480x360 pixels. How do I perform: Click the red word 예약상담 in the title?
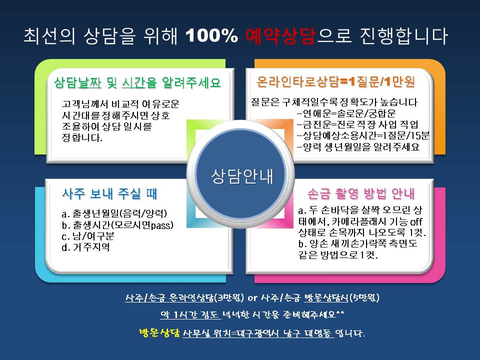280,36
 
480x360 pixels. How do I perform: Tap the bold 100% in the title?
211,36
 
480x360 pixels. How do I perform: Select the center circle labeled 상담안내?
240,175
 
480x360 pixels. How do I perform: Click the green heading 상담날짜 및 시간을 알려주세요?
137,82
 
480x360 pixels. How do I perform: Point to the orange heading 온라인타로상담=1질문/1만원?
336,81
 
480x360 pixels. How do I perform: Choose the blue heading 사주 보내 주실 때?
109,194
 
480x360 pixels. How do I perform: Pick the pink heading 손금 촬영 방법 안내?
361,193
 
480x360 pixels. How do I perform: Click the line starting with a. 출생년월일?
114,213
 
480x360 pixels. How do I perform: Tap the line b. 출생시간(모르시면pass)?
117,225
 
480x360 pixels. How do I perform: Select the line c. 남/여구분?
88,236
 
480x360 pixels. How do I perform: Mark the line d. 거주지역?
85,247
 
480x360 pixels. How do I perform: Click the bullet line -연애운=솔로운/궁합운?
346,113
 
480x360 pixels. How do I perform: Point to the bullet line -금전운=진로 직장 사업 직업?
357,124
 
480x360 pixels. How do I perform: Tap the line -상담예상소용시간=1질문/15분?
363,135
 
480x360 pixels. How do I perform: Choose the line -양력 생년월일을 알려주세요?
358,147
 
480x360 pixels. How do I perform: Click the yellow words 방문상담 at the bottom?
159,333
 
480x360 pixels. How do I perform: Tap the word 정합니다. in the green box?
82,137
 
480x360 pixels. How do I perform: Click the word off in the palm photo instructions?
416,221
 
